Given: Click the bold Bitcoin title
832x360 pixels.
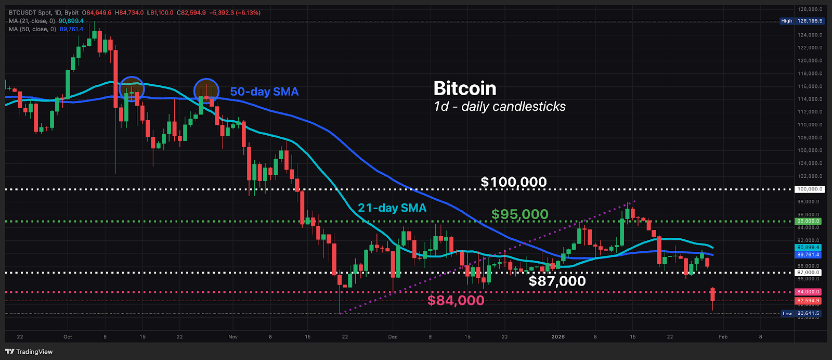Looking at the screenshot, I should click(465, 88).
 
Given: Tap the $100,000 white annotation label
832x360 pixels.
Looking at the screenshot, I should click(513, 182).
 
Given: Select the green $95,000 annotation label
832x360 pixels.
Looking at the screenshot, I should click(519, 214).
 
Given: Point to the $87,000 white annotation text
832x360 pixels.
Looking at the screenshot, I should click(557, 281).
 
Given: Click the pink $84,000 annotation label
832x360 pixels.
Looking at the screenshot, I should click(456, 300).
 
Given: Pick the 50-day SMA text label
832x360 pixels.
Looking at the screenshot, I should click(264, 92).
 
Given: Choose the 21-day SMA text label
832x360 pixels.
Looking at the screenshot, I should click(392, 208).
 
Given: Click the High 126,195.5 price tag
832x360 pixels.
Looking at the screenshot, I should click(801, 21).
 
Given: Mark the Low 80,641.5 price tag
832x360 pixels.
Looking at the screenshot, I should click(801, 314).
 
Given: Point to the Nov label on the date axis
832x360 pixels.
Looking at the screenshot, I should click(232, 337).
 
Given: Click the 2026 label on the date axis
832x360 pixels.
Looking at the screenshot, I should click(557, 337).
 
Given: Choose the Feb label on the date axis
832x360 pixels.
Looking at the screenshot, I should click(723, 337).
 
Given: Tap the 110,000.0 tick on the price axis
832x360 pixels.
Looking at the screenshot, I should click(811, 125).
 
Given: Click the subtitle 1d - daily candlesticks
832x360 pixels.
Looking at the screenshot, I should click(499, 107).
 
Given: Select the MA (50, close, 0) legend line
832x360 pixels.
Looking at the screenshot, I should click(46, 29).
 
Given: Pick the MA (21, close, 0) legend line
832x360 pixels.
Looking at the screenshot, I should click(46, 21).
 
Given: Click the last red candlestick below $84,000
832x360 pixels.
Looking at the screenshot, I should click(712, 294).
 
